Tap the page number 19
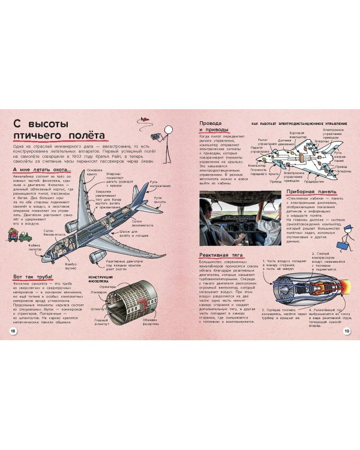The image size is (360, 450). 346,332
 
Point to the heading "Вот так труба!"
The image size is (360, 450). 32,276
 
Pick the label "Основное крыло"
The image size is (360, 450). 95,172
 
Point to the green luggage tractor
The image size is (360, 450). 25,236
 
